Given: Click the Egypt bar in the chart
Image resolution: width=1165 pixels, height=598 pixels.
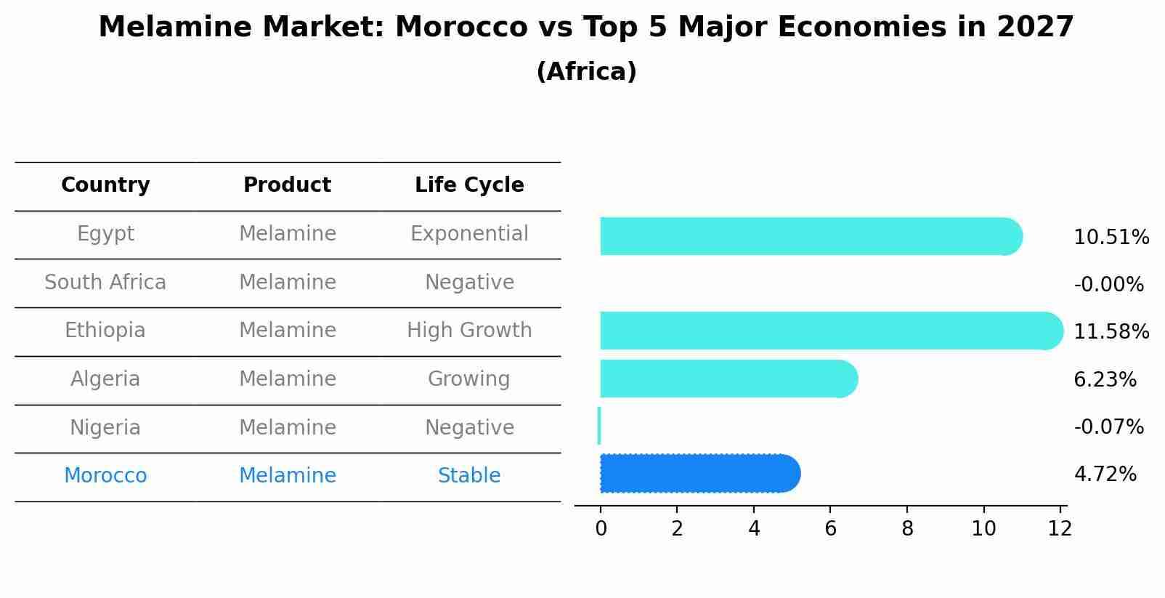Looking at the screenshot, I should pos(806,236).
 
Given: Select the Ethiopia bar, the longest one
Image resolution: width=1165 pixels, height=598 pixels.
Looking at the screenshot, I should pos(828,331).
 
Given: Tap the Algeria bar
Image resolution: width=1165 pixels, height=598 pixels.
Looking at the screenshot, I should pos(726,379).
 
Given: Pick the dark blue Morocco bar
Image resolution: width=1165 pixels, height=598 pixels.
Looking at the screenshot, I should pos(697,473).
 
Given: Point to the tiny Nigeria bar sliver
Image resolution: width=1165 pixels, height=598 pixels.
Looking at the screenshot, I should pos(599,426).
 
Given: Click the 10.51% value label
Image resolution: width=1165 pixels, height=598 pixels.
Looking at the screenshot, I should pos(1111,238).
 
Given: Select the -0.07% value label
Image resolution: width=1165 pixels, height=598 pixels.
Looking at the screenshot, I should pos(1108,427).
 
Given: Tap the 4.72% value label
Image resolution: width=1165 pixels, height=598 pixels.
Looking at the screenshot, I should pos(1105,474).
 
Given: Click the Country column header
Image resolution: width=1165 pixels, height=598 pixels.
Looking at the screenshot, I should pos(105,185).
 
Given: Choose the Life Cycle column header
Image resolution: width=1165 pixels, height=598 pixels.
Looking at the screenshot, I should pos(469,185).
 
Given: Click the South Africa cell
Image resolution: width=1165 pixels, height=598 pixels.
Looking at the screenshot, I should pos(105,283).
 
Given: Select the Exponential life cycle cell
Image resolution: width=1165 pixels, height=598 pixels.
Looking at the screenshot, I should pos(469,234).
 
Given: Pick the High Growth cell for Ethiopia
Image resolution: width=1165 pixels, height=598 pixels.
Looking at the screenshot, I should pos(469,331).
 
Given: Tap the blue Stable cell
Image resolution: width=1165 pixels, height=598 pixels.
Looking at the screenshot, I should pos(469,476).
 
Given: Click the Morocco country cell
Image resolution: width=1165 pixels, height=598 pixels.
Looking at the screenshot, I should pos(105,476).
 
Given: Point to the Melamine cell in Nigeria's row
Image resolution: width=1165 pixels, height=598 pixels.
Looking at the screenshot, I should pos(288,428).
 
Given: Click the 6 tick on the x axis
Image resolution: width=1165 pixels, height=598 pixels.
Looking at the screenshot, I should pos(831,529).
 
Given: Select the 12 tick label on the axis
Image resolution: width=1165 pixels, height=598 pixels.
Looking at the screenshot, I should pos(1060,529).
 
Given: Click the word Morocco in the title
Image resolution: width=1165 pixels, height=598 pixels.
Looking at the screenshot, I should pos(461,28).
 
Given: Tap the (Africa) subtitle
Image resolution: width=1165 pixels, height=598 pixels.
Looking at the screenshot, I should pos(586,72).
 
